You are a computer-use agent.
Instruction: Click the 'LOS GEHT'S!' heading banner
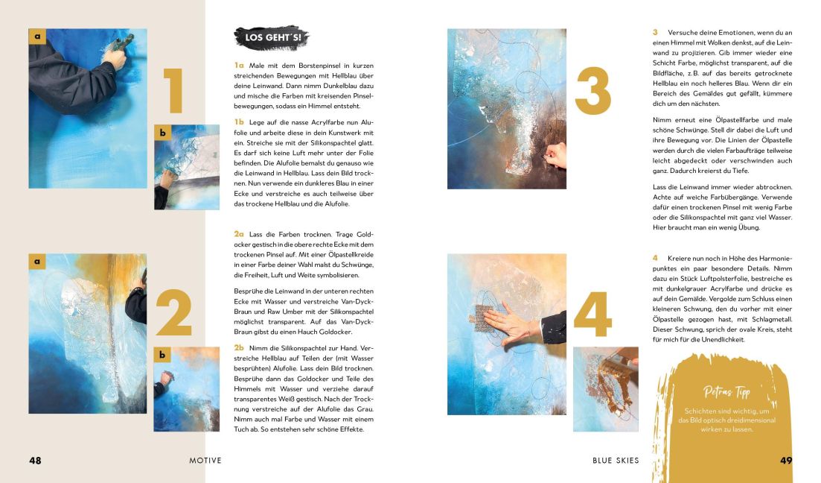click(271, 37)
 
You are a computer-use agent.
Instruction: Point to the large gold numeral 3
click(593, 91)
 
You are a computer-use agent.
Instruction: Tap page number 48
click(35, 461)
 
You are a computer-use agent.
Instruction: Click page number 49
click(786, 461)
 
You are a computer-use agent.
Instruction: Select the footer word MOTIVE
click(205, 461)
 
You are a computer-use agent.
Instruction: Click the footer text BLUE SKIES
click(616, 461)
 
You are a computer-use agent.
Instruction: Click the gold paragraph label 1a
click(239, 66)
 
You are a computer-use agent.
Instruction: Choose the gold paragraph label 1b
click(239, 121)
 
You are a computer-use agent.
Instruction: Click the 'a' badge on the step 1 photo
click(37, 36)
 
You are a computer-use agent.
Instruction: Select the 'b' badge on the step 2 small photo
click(162, 355)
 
